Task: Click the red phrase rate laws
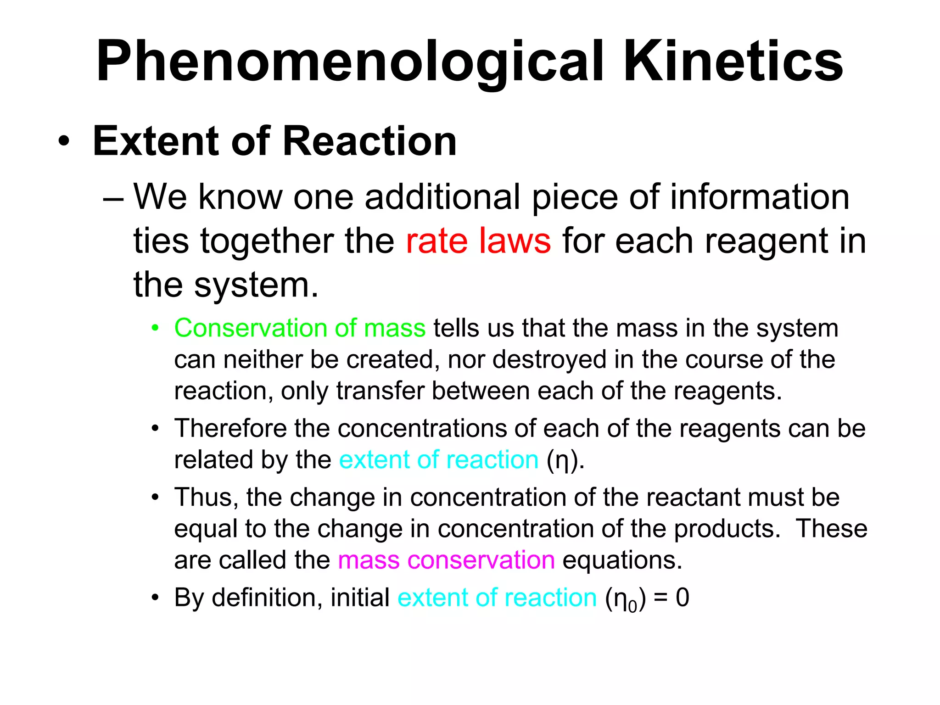point(478,241)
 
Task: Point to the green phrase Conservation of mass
point(300,329)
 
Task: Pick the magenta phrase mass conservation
point(446,560)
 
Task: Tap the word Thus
point(206,498)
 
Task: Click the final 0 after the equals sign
point(682,598)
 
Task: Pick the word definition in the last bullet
point(267,598)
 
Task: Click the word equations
point(622,560)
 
